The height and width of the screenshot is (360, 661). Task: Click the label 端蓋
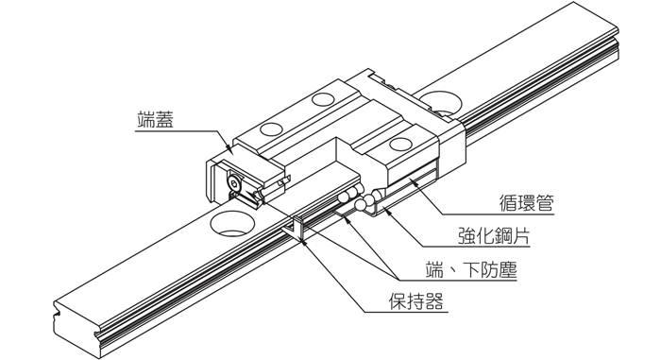[155, 119]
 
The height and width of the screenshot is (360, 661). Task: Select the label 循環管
[526, 203]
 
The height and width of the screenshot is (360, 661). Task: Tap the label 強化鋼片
[494, 236]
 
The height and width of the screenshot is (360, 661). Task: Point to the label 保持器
[415, 301]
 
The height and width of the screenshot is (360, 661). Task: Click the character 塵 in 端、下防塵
[507, 269]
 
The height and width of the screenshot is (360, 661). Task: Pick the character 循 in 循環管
[508, 203]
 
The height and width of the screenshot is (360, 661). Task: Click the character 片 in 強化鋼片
[521, 236]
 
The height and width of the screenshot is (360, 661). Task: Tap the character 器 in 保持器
[433, 301]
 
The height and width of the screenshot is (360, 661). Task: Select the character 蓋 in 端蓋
[164, 119]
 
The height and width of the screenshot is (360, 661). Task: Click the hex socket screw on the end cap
[233, 183]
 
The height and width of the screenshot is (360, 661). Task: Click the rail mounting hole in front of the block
[232, 224]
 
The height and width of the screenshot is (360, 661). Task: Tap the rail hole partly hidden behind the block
[441, 103]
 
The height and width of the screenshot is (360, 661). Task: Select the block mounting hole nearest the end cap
[271, 129]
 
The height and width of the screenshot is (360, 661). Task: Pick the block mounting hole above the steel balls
[400, 144]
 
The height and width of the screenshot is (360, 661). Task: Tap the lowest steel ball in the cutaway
[361, 205]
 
